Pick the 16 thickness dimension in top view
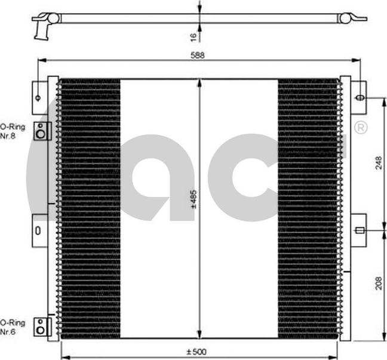pos(193,37)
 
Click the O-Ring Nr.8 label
pos(11,131)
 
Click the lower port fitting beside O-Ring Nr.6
pos(40,325)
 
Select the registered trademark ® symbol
pos(361,128)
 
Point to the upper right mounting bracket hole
pos(360,97)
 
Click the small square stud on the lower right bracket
pos(359,230)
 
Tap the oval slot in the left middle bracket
pos(38,230)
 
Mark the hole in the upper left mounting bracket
pos(38,97)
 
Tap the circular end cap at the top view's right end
pos(345,19)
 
